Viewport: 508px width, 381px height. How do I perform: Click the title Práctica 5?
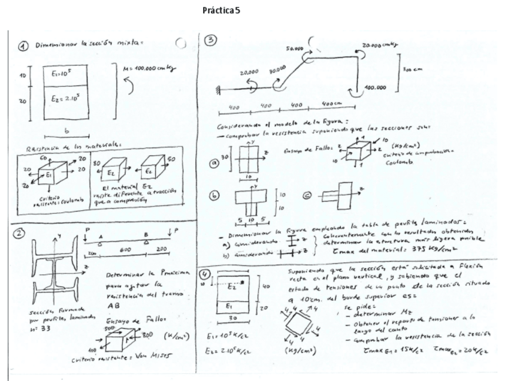click(222, 11)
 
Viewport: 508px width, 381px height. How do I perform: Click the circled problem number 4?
click(207, 275)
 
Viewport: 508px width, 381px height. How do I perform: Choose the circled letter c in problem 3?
click(307, 196)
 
